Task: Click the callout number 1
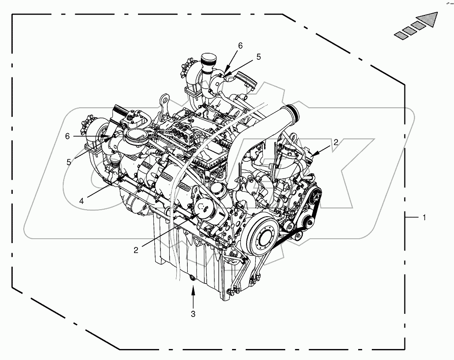pyautogui.click(x=424, y=217)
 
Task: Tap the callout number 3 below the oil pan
pyautogui.click(x=193, y=314)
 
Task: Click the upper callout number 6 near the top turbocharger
pyautogui.click(x=240, y=45)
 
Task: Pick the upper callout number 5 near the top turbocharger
pyautogui.click(x=259, y=57)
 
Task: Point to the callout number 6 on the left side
pyautogui.click(x=67, y=136)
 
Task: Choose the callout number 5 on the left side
pyautogui.click(x=69, y=161)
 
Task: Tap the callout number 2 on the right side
pyautogui.click(x=335, y=142)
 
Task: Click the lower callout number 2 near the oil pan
pyautogui.click(x=136, y=250)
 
